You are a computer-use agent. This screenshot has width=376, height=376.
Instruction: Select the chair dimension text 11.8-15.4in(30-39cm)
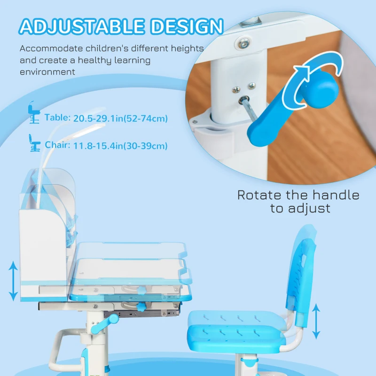pyautogui.click(x=120, y=146)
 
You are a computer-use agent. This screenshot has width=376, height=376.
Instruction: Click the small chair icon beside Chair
pyautogui.click(x=33, y=142)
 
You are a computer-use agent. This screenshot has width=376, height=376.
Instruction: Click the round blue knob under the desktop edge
pyautogui.click(x=141, y=307)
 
